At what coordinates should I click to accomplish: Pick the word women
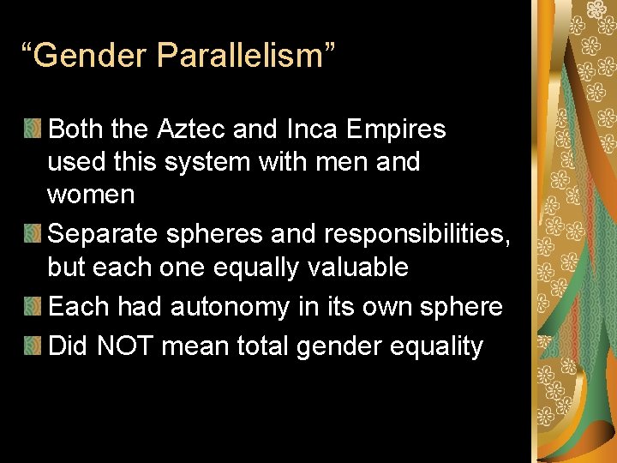point(91,195)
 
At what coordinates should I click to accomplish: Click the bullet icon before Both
point(32,130)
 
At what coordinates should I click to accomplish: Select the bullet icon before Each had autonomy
point(32,307)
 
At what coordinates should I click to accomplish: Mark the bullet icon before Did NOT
point(32,346)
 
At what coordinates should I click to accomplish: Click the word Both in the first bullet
point(75,129)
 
